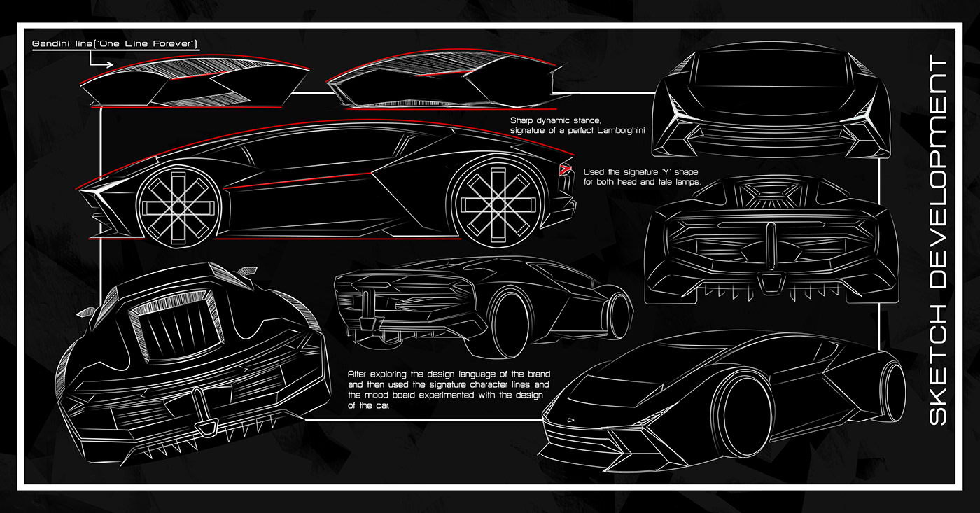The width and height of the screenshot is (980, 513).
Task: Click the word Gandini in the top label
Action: coord(49,43)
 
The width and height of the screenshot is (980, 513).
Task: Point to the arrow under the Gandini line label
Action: coord(97,60)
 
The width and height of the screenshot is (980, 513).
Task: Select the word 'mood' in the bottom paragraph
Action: coord(377,395)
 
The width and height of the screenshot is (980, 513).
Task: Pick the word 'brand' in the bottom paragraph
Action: coord(538,374)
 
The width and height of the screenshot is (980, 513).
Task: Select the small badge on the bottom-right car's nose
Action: coord(570,421)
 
